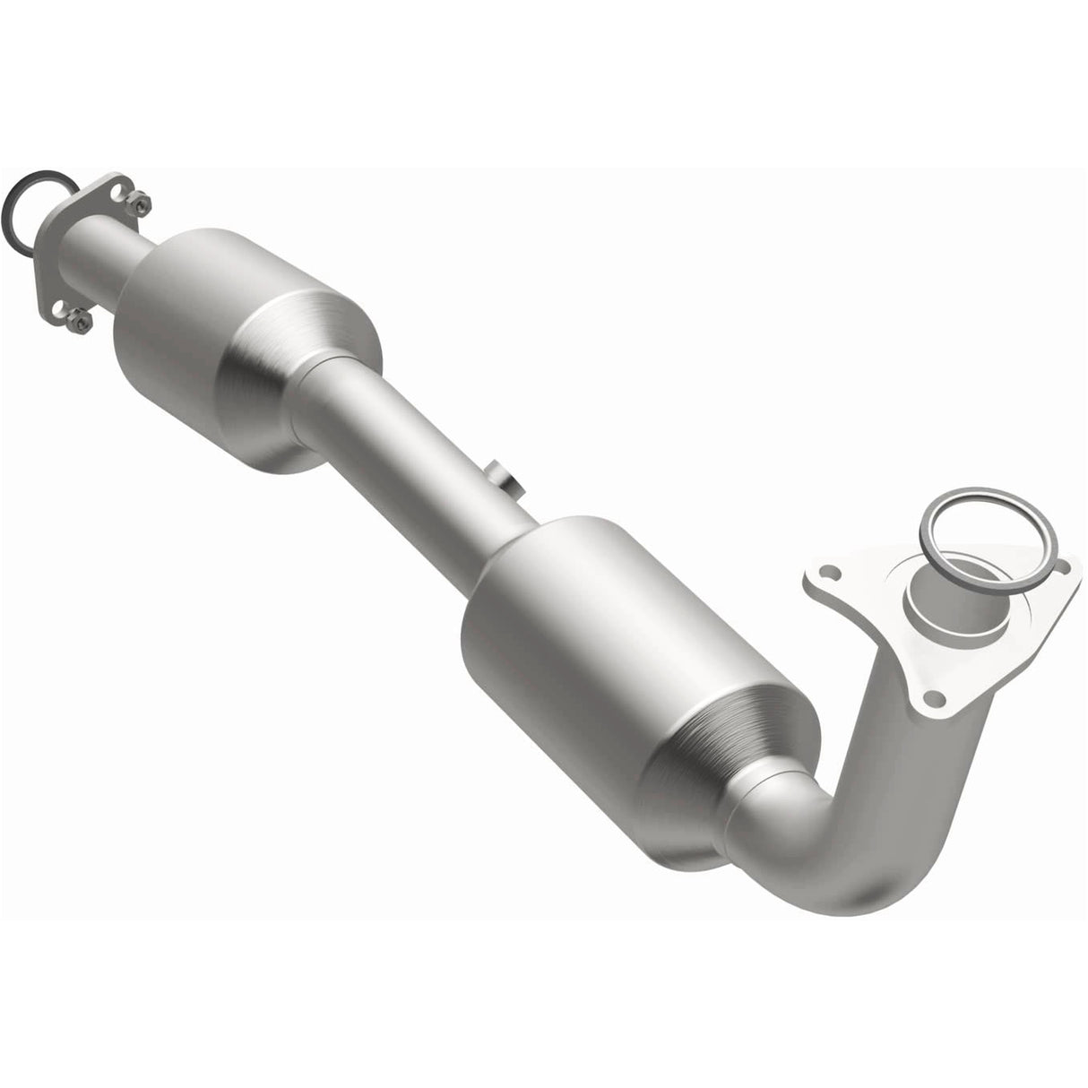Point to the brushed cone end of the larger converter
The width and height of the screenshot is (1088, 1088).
[708, 771]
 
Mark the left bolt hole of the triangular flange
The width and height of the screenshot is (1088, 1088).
[834, 570]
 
